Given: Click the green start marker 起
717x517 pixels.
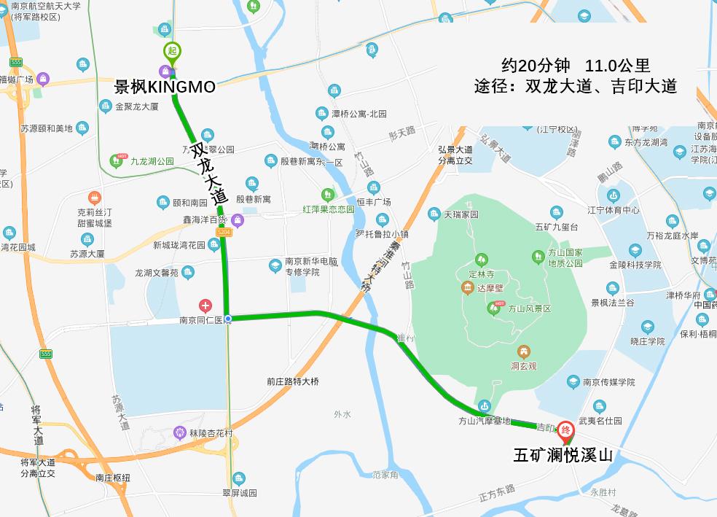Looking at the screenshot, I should click(172, 51).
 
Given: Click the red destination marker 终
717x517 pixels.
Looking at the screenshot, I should click(565, 431).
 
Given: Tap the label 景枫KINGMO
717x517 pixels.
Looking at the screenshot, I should click(165, 87).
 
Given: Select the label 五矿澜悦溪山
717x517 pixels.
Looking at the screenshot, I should click(563, 456).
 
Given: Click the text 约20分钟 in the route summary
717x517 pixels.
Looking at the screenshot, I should click(536, 66).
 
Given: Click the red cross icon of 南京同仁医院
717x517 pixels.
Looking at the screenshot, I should click(206, 306).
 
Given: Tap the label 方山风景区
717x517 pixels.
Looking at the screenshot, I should click(530, 309).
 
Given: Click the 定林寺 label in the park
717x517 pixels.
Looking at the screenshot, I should click(482, 274).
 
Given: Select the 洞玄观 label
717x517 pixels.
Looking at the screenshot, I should click(523, 366).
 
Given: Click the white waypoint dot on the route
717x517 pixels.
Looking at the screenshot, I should click(228, 319).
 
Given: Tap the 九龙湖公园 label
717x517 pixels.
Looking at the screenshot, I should click(152, 160).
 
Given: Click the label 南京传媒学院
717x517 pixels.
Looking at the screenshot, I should click(609, 382).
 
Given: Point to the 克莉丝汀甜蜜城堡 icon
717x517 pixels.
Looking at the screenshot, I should click(94, 198).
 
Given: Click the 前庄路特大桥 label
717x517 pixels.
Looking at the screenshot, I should click(292, 381).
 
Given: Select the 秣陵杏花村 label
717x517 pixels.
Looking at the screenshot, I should click(211, 433).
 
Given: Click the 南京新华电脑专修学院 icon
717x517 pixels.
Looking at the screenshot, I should click(275, 266).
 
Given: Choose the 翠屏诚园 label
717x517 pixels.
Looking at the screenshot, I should click(240, 493).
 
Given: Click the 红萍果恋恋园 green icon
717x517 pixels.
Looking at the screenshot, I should click(328, 195).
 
